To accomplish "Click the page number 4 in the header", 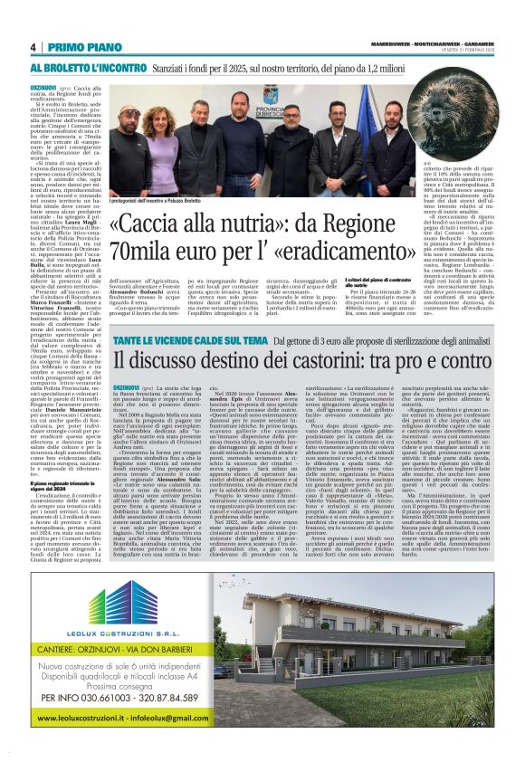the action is click(33, 47).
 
